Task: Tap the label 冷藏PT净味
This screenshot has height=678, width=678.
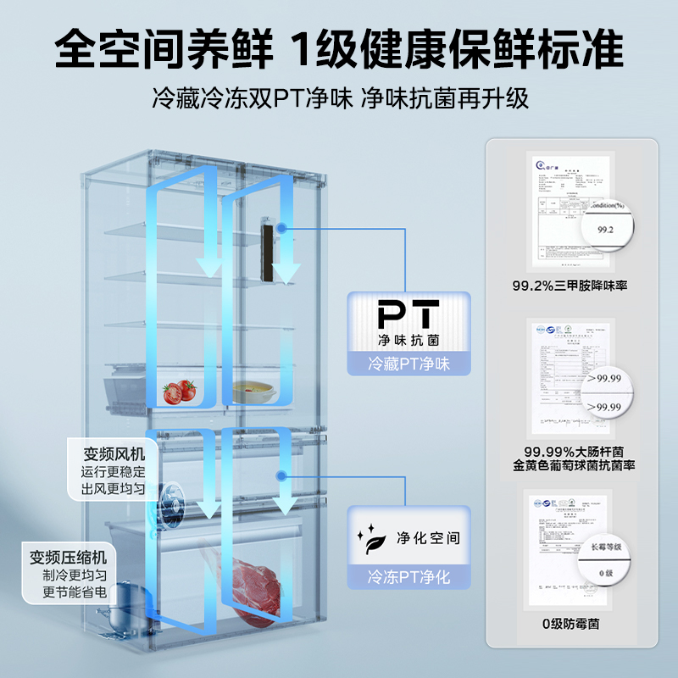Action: pos(408,365)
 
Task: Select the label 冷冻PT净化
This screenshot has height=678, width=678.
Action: pos(408,578)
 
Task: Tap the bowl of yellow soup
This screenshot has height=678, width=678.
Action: pos(253,390)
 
